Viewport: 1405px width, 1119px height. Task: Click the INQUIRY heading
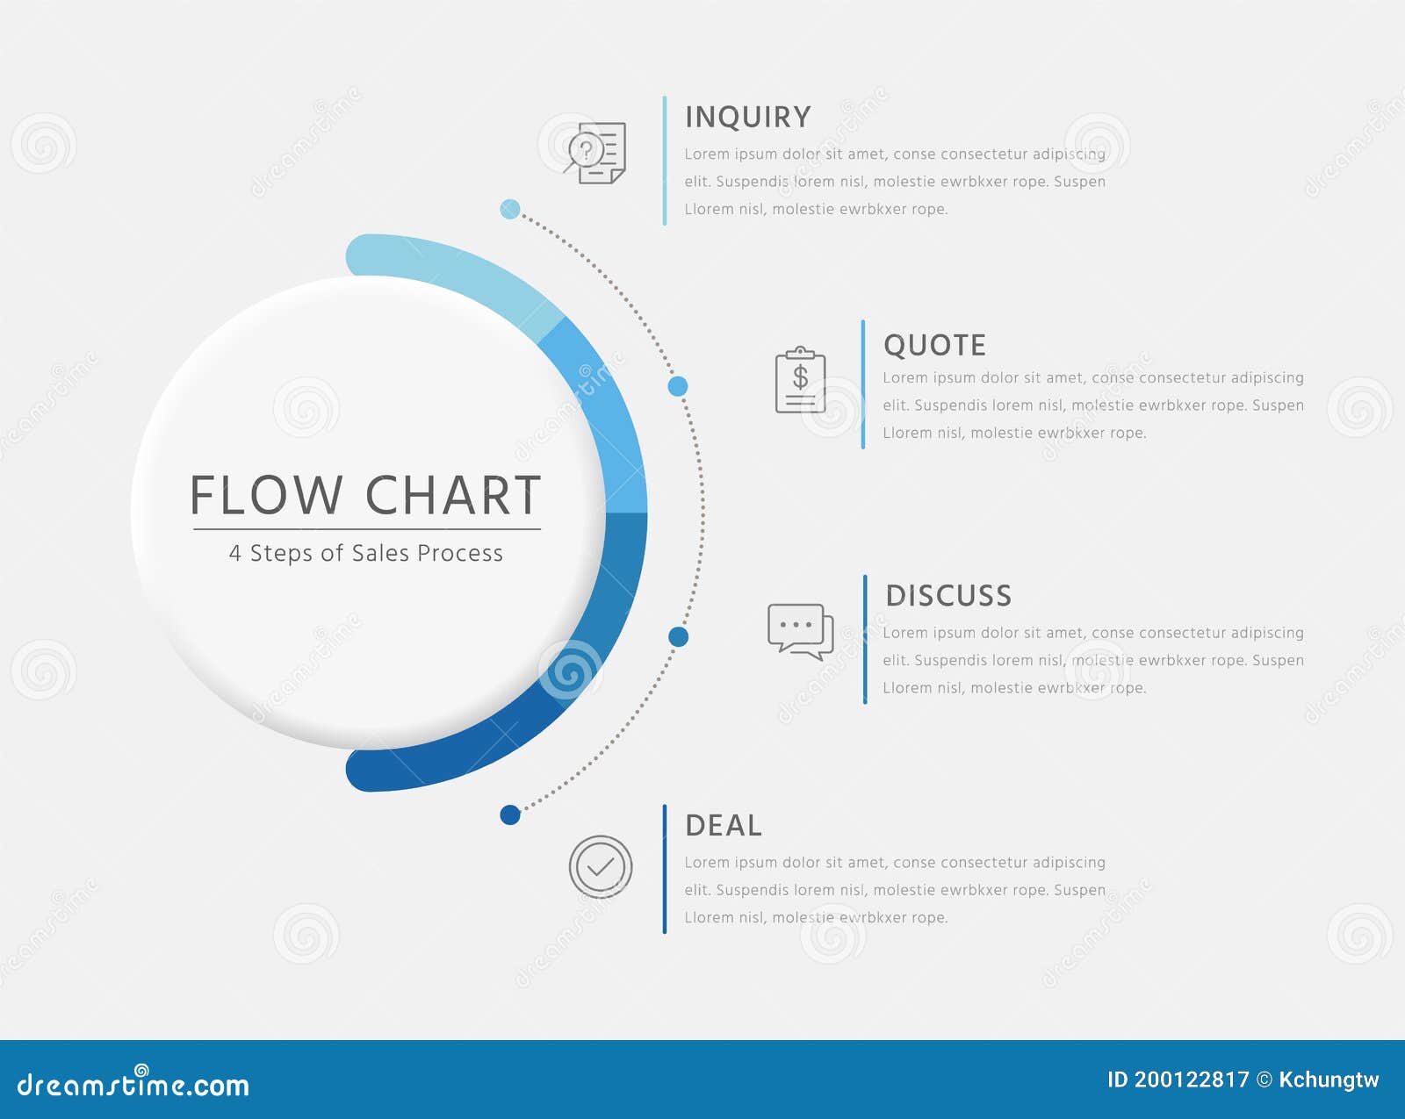[x=747, y=118]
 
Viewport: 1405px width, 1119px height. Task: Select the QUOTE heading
[x=934, y=345]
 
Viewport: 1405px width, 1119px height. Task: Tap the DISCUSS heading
[x=948, y=596]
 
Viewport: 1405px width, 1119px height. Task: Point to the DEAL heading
[x=724, y=825]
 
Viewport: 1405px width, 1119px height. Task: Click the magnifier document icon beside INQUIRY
[x=595, y=153]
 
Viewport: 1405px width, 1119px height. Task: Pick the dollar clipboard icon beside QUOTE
[x=801, y=380]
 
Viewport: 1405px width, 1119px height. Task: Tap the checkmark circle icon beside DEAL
[x=601, y=866]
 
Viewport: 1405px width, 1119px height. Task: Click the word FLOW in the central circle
[x=266, y=495]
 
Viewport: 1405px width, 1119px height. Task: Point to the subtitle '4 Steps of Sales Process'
[x=365, y=553]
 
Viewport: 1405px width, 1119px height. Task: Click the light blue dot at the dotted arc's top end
[x=510, y=209]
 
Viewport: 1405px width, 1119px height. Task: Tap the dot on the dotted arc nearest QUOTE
[x=678, y=386]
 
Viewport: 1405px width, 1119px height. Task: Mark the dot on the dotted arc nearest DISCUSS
[x=678, y=637]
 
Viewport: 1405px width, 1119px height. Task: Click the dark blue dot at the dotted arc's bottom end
[x=510, y=815]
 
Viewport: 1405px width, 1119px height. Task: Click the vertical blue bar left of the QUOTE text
[x=863, y=384]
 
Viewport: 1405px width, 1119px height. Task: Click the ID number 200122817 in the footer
[x=1192, y=1080]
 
